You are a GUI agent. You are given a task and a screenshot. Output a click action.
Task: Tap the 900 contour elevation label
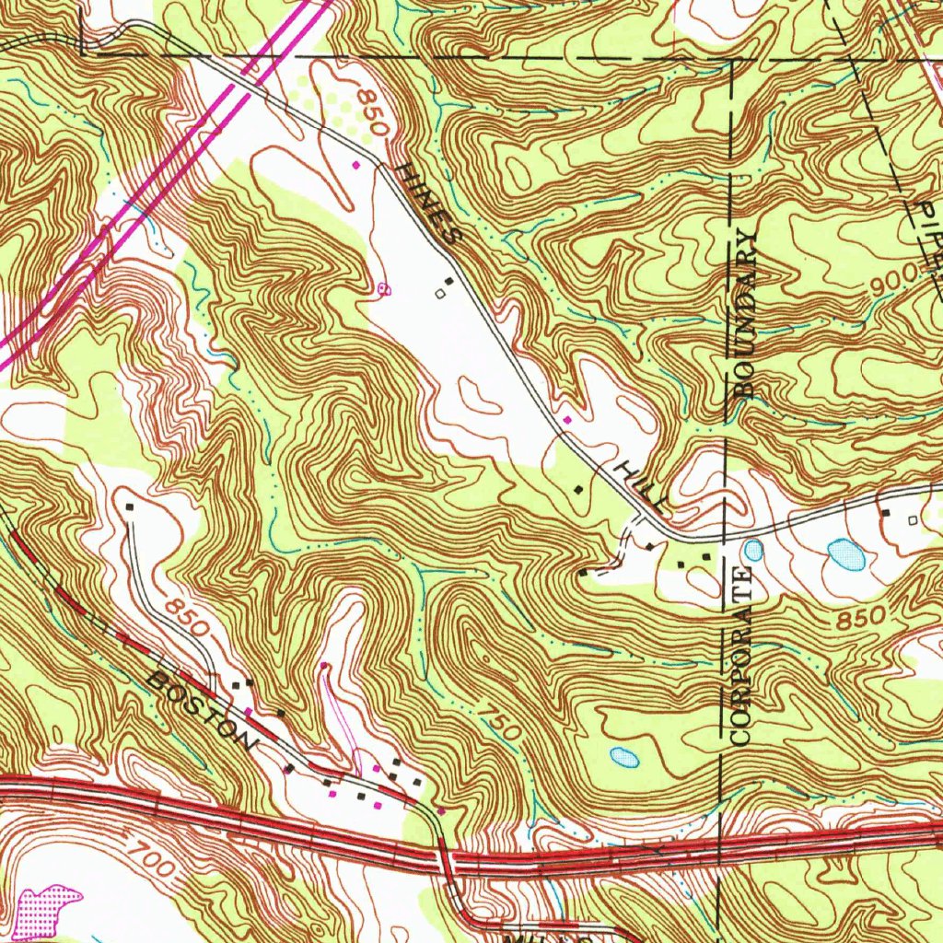pos(892,278)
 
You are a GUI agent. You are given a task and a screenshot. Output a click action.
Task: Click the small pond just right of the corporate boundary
pos(753,551)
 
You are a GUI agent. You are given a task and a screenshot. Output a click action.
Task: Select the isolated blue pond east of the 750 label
pos(624,757)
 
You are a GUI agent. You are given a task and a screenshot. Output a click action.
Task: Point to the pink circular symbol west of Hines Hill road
pos(383,289)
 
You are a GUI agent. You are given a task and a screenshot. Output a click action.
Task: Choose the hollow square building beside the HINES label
pos(439,294)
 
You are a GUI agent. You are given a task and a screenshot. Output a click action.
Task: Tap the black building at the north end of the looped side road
pos(130,506)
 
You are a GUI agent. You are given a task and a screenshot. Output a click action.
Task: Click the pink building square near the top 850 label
pos(355,165)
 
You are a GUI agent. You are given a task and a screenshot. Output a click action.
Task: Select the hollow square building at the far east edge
pos(913,520)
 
